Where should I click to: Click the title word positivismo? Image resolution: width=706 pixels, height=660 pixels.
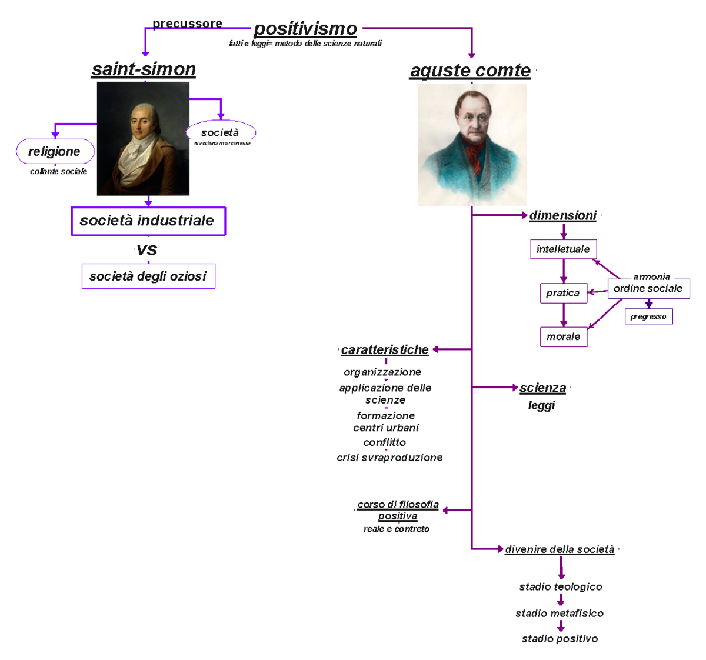[305, 28]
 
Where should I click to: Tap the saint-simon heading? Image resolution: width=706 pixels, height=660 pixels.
[144, 69]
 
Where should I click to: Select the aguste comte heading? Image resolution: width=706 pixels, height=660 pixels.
[470, 70]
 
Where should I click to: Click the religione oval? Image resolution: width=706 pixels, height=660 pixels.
[55, 151]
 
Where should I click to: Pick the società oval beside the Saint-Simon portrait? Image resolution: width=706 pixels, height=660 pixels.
[221, 132]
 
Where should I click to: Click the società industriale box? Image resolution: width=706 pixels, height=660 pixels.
[148, 221]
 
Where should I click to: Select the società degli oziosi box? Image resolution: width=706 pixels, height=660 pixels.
[148, 276]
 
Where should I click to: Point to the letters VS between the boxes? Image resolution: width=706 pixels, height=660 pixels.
[147, 250]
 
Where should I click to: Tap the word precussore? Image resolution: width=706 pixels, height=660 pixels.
[187, 24]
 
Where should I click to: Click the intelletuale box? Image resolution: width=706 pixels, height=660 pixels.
[563, 249]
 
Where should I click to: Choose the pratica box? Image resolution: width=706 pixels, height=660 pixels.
[563, 292]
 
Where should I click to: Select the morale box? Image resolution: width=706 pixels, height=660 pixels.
[563, 336]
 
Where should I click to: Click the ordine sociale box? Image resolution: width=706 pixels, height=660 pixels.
[648, 288]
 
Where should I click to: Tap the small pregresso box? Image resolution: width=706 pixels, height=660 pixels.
[648, 316]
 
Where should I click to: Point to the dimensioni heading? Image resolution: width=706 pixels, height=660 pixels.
[563, 215]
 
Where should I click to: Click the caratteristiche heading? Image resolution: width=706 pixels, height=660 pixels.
[385, 349]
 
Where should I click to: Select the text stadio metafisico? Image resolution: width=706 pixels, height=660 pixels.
[560, 613]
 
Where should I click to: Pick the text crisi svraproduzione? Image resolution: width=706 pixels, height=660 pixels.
[389, 457]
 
